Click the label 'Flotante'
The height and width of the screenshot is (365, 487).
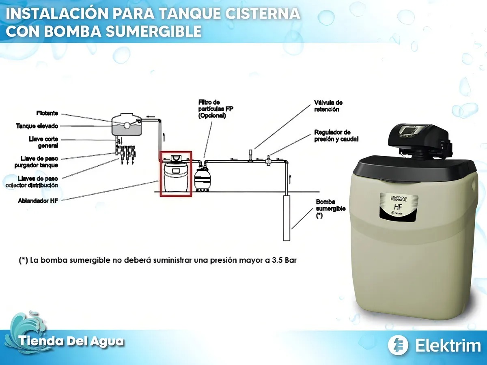point(47,113)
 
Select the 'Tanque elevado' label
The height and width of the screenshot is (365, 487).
point(37,126)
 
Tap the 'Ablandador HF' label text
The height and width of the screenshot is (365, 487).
point(38,201)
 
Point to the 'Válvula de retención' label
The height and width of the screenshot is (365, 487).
point(328,106)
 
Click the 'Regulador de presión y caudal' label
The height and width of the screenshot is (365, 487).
point(336,135)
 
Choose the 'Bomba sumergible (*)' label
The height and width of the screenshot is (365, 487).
point(330,208)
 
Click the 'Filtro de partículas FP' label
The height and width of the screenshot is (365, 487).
point(215,109)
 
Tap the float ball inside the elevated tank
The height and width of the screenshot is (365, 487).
point(127,125)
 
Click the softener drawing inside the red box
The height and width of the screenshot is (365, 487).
point(176,174)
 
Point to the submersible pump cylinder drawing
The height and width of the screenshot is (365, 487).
point(287,218)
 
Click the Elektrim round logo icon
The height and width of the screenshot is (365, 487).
point(398,345)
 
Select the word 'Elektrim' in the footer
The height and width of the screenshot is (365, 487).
point(448,346)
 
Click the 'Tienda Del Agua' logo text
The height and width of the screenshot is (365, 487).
point(71,341)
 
